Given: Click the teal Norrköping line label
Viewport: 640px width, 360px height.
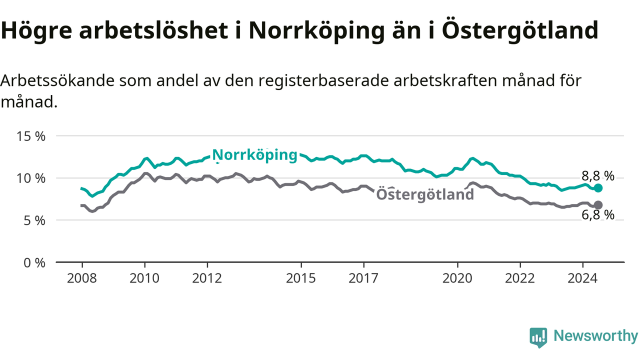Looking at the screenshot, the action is pyautogui.click(x=255, y=155).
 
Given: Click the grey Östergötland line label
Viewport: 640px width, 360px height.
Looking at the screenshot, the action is pyautogui.click(x=425, y=194).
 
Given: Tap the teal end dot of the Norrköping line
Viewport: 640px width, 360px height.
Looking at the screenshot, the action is pyautogui.click(x=598, y=188).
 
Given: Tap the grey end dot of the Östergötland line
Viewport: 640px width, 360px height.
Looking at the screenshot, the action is pyautogui.click(x=598, y=205).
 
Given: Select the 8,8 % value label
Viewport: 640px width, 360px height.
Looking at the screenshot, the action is pyautogui.click(x=597, y=176).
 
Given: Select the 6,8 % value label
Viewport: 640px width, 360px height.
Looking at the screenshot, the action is pyautogui.click(x=597, y=215).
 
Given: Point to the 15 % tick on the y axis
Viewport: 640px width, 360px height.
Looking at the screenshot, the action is pyautogui.click(x=31, y=136).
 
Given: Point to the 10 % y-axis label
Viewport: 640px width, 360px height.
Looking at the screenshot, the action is pyautogui.click(x=31, y=178).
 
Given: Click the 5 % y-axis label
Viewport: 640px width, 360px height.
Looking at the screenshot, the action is pyautogui.click(x=34, y=221).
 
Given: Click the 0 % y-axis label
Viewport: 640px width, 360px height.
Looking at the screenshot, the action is pyautogui.click(x=34, y=263).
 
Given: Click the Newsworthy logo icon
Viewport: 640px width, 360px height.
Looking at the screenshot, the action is pyautogui.click(x=538, y=337).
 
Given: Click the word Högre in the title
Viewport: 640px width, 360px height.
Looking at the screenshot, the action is pyautogui.click(x=36, y=31).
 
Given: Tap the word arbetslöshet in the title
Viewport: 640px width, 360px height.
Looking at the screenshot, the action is pyautogui.click(x=153, y=30).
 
